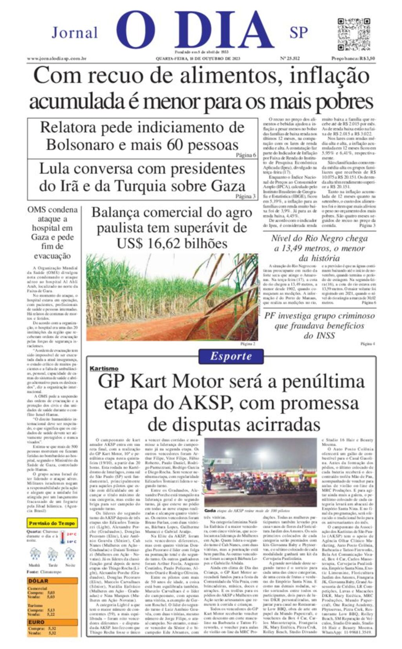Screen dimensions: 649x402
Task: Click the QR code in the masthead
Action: (x=354, y=34)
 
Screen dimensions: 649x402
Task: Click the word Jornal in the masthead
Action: (x=75, y=33)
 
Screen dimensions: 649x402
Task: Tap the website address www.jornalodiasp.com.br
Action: (x=57, y=59)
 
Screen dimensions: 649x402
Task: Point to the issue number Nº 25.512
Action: (x=290, y=59)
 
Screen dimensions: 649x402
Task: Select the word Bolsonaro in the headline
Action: (x=80, y=145)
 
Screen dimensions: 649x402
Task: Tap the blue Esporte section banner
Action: (x=230, y=356)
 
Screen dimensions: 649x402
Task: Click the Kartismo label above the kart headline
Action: (x=104, y=369)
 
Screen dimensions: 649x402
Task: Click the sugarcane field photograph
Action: (x=172, y=297)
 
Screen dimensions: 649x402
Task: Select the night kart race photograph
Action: (x=260, y=472)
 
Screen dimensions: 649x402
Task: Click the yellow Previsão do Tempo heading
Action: (x=52, y=523)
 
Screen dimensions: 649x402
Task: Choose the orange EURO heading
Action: (x=36, y=622)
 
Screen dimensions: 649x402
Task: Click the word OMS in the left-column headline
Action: (x=37, y=210)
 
